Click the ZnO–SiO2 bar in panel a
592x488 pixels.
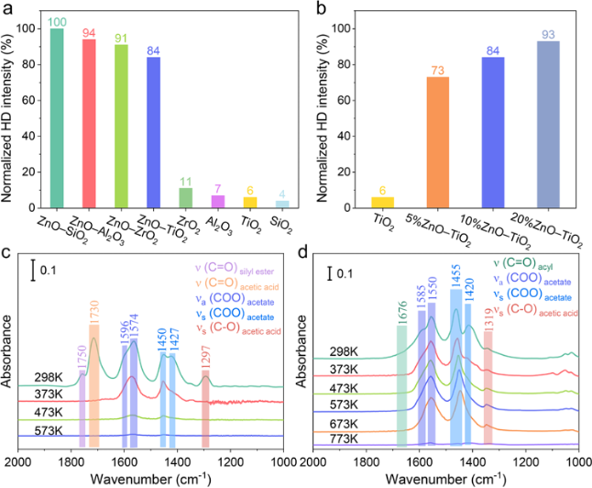[58, 120]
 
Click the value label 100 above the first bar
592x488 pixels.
[58, 20]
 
